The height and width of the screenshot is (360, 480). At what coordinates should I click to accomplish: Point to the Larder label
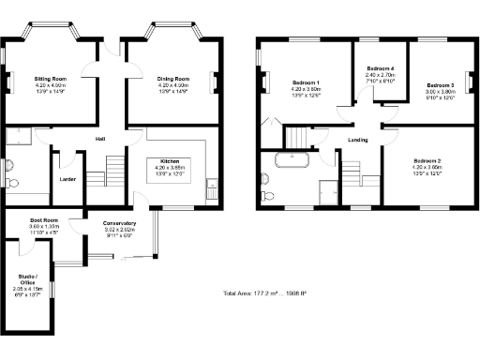point(67,177)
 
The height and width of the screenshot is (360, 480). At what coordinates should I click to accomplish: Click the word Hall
point(99,140)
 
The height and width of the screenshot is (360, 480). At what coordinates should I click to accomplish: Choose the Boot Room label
point(43,220)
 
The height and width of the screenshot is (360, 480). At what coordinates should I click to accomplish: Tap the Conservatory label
point(120,222)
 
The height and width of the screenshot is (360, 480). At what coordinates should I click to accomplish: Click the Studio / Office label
point(27,278)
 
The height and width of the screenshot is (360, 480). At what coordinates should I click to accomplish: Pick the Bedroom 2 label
point(427,161)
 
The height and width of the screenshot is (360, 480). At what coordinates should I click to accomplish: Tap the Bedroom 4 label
point(380,69)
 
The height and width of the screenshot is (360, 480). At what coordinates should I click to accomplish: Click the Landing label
point(358,141)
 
